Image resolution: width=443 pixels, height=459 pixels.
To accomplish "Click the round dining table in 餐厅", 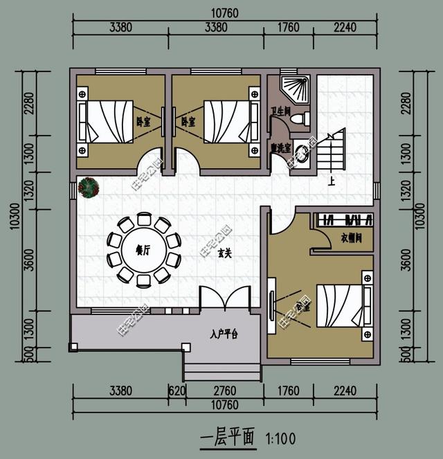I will click(x=144, y=250).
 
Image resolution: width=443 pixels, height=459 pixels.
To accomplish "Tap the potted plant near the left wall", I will click(x=89, y=187).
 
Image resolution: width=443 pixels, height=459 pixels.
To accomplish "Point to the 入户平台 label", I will click(x=224, y=334).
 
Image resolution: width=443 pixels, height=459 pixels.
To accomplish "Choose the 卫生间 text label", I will click(x=280, y=110).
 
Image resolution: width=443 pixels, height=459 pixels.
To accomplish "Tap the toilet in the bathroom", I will click(x=300, y=119).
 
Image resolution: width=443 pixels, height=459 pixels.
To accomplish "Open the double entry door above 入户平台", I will click(x=224, y=299).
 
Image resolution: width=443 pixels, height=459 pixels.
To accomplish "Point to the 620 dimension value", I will click(x=177, y=391).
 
